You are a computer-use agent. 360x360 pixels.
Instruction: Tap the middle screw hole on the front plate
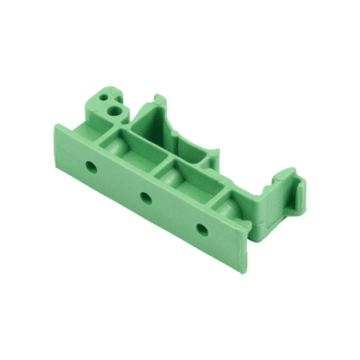tap(145, 197)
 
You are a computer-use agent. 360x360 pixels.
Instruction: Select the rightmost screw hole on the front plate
tap(201, 229)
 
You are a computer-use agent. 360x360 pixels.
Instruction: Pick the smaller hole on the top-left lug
tap(104, 97)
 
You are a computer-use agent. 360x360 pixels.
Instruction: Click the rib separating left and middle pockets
tap(162, 166)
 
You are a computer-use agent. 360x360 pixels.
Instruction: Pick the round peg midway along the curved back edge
tap(175, 134)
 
